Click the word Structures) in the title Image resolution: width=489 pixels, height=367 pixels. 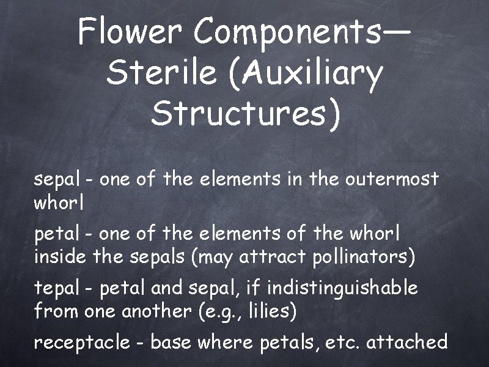pos(244,114)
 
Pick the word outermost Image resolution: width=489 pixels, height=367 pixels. pos(392,179)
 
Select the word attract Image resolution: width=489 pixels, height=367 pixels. pos(274,258)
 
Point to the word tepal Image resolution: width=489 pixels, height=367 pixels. pos(56,287)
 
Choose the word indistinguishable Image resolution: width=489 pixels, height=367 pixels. pos(343,287)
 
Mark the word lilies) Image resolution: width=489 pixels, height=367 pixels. pos(273,312)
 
